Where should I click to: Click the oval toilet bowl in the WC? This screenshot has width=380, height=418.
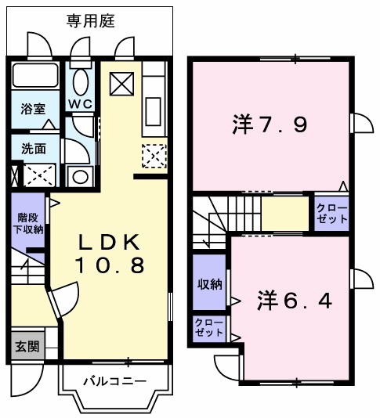click(79, 81)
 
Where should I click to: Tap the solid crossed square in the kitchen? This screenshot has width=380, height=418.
click(121, 82)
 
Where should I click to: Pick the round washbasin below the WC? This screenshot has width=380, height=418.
click(80, 177)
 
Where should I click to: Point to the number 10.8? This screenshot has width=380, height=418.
click(109, 266)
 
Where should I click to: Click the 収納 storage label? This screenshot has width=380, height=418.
click(208, 283)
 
